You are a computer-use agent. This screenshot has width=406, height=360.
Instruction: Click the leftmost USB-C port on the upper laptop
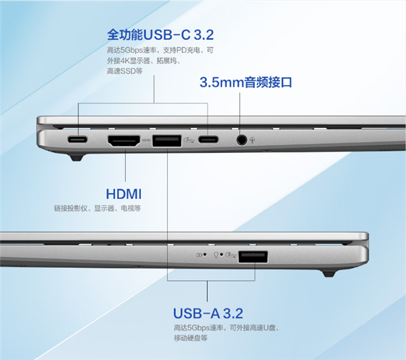77,139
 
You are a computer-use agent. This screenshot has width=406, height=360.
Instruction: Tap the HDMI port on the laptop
124,141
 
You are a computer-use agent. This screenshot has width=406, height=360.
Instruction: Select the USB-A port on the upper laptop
166,141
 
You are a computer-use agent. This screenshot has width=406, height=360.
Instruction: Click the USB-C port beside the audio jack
208,139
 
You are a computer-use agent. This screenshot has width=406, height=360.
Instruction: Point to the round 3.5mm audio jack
242,140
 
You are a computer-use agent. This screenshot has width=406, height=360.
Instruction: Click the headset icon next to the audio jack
252,140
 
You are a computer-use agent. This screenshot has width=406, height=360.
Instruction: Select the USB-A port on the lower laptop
253,256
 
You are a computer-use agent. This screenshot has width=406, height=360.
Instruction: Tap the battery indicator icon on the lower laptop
199,254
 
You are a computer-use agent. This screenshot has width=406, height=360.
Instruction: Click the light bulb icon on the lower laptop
216,255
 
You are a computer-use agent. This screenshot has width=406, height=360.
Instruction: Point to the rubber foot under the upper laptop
76,158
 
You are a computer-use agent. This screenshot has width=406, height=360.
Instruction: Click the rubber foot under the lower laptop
329,273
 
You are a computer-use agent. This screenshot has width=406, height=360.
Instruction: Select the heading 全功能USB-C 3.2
160,35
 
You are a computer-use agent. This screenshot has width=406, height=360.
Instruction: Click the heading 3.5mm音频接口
246,83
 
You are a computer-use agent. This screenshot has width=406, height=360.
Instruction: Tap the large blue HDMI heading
124,194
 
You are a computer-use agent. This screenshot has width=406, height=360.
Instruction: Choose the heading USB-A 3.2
208,313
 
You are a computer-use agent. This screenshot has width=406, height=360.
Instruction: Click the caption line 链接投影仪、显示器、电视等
97,208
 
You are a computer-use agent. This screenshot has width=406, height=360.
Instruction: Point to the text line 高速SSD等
125,71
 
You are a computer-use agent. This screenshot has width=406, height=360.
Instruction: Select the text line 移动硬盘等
191,338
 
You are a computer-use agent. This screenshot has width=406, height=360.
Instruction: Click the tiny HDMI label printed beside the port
146,140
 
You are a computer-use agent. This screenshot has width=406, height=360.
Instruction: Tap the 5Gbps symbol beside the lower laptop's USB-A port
231,255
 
